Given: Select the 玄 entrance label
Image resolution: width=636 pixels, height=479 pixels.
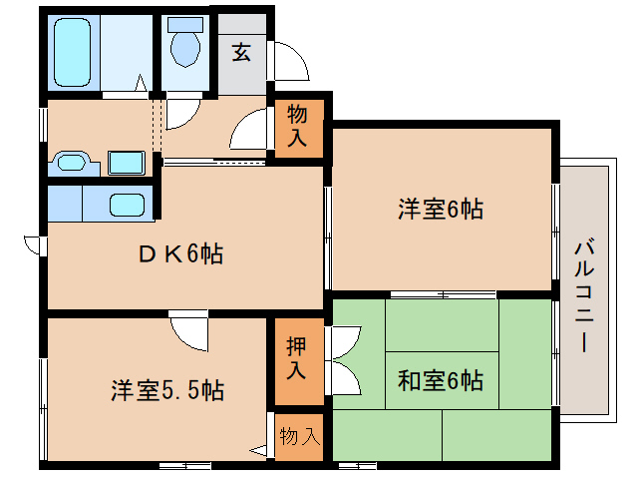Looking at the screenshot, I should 242,52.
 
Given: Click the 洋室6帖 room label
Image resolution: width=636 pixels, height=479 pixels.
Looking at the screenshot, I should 441,210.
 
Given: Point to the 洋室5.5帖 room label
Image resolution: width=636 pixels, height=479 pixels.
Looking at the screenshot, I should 166,389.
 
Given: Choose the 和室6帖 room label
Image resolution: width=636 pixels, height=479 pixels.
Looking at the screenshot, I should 441,380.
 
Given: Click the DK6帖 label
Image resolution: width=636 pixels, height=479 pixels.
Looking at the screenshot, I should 180,253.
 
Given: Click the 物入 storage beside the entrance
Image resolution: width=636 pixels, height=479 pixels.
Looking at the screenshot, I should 298,126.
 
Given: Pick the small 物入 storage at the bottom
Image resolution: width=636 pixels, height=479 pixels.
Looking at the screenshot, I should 299,436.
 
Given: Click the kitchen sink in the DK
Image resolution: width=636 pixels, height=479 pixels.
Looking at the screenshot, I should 126,205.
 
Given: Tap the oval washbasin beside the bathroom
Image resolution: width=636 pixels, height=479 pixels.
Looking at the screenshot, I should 71,161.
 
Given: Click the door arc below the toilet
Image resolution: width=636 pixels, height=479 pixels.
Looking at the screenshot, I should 183,113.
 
